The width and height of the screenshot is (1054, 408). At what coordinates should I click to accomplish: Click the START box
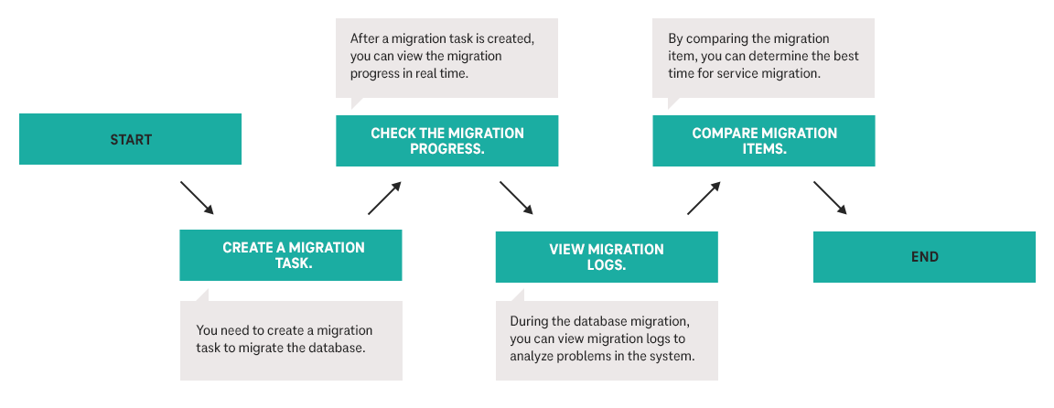pos(130,140)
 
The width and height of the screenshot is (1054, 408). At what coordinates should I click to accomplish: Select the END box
pos(924,257)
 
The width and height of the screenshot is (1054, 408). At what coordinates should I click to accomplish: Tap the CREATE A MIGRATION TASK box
pos(291,255)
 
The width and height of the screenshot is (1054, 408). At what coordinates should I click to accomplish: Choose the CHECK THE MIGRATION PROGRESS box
pos(446,141)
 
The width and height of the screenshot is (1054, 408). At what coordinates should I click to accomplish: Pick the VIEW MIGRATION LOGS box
pos(607,257)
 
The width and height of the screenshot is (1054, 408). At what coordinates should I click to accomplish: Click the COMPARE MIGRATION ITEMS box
pos(763,141)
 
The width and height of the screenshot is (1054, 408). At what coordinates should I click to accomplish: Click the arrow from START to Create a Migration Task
pos(197,198)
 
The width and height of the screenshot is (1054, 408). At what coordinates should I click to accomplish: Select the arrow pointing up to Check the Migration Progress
pos(384,198)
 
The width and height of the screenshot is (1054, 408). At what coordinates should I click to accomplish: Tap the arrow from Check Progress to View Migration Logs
pos(516,198)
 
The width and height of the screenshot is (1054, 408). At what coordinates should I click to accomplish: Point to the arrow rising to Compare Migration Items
pos(704,198)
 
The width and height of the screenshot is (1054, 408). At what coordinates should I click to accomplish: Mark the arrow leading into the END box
pos(830,198)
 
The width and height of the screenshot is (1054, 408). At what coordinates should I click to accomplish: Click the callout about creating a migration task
pos(291,339)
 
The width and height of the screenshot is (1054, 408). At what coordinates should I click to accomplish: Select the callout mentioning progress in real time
pos(446,57)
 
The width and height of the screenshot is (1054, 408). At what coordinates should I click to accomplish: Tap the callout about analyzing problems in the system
pos(607,339)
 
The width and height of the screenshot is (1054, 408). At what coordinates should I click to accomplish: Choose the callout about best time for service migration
pos(763,57)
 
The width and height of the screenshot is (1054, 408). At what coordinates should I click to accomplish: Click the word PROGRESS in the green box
pos(446,148)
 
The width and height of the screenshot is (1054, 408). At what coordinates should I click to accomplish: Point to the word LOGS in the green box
pos(607,265)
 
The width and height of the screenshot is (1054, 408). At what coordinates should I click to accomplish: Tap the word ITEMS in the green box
pos(764,148)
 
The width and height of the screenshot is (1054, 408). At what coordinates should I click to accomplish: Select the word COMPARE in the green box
pos(723,134)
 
